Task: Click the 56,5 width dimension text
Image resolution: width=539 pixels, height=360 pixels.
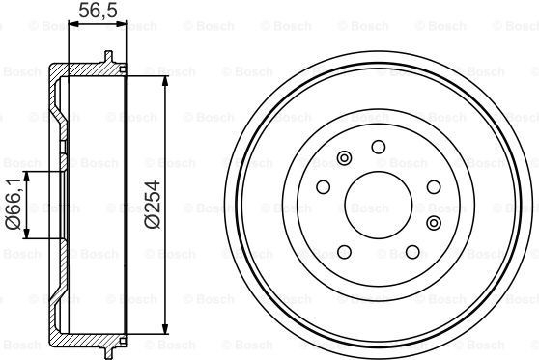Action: pos(98,11)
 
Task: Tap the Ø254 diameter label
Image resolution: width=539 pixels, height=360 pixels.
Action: pos(153,205)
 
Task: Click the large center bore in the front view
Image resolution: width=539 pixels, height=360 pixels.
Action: pos(378,205)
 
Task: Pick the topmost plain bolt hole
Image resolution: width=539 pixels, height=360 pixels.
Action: pos(379,147)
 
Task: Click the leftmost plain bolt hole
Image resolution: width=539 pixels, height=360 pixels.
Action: pos(324,187)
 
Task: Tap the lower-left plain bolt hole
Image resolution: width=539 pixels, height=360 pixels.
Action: pos(344,252)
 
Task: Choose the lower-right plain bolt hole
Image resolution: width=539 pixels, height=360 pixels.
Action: pos(412,252)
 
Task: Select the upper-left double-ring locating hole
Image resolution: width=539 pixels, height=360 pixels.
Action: pos(344,158)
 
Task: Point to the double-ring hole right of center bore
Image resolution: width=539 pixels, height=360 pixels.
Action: pos(434,223)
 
